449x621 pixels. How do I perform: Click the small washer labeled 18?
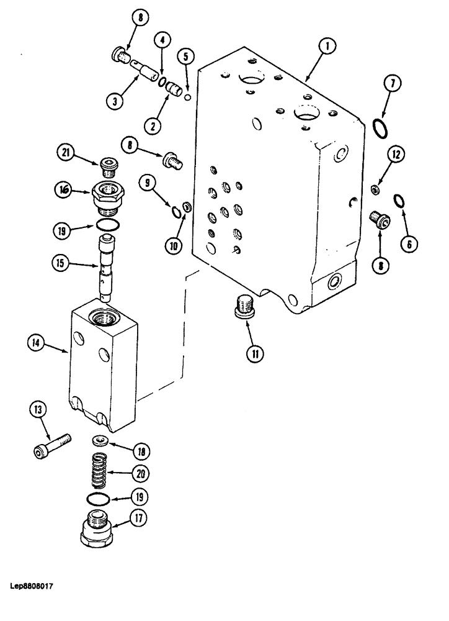[100, 440]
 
